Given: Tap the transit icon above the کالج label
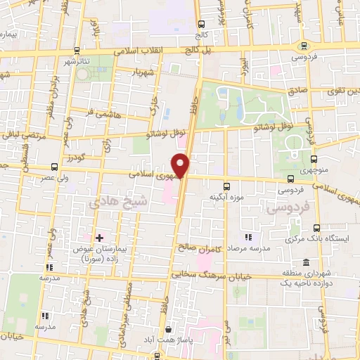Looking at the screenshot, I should (x=202, y=23).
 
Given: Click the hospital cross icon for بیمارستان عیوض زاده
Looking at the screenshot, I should (x=99, y=238).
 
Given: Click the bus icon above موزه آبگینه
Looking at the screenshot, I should (x=226, y=186).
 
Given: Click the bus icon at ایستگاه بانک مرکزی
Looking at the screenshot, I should (x=317, y=229).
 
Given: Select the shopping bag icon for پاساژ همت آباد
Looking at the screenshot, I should (x=168, y=329).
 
